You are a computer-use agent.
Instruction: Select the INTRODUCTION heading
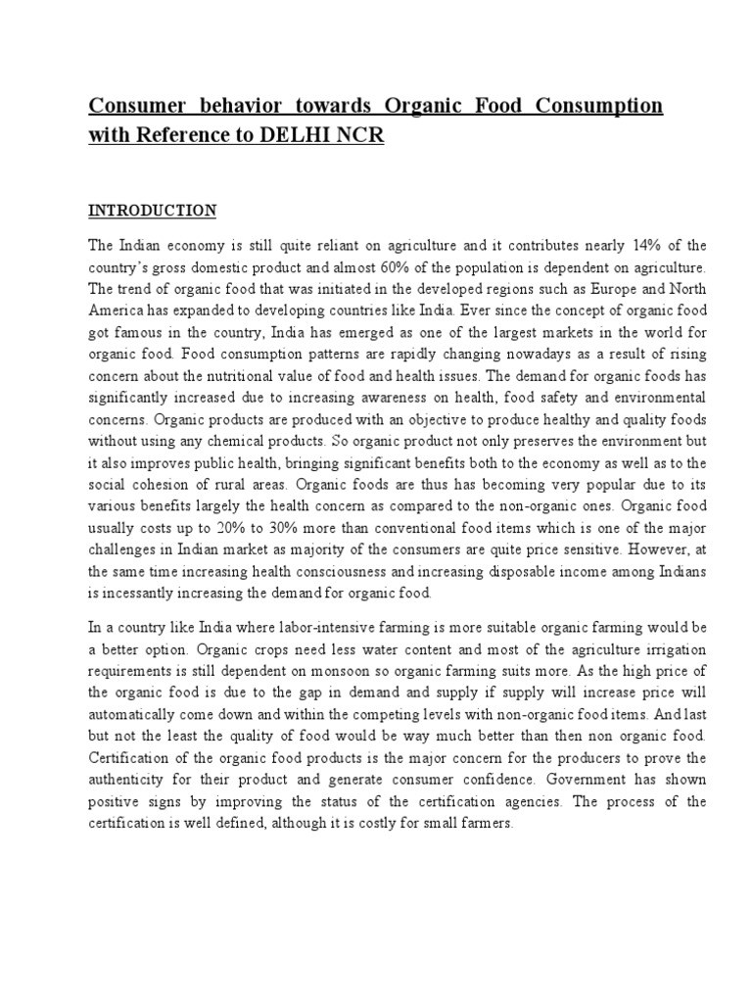pos(152,211)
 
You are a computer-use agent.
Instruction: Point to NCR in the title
pos(362,137)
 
